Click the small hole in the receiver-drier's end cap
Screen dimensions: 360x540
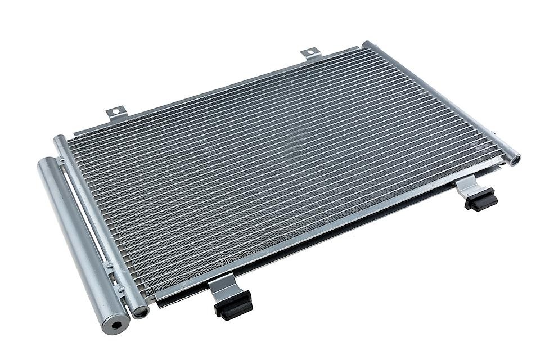[117, 325]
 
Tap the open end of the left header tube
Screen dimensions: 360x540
[140, 310]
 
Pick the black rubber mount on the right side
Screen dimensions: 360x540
[481, 199]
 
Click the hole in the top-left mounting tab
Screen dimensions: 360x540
[115, 112]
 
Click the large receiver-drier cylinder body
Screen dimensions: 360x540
[79, 242]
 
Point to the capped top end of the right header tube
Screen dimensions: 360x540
[367, 45]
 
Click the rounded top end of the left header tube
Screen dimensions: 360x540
[58, 139]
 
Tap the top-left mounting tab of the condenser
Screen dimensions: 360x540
[115, 112]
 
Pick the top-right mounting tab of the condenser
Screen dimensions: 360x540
[310, 54]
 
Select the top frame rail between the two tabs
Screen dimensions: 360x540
[214, 90]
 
